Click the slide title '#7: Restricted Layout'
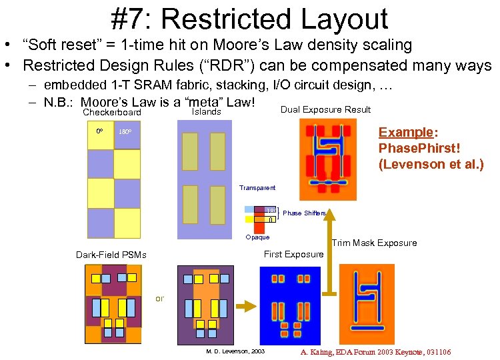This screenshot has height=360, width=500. tap(249, 19)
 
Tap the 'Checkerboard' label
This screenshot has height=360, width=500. tap(112, 113)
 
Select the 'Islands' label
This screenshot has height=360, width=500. tap(206, 112)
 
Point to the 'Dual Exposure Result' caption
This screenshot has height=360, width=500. tap(326, 109)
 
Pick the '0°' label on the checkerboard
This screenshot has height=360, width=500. tap(99, 131)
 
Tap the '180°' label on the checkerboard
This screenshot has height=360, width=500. tap(125, 132)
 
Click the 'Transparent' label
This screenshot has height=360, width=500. tap(257, 188)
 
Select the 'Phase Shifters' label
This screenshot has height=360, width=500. tap(305, 213)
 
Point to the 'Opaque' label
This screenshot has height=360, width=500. tap(257, 237)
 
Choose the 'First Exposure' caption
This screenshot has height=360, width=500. tap(293, 254)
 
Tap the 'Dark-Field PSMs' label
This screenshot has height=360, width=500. tap(111, 255)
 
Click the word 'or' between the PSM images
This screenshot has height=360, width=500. tap(159, 298)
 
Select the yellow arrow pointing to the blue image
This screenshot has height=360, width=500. tap(245, 305)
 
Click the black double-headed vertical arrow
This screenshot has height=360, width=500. tap(330, 251)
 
